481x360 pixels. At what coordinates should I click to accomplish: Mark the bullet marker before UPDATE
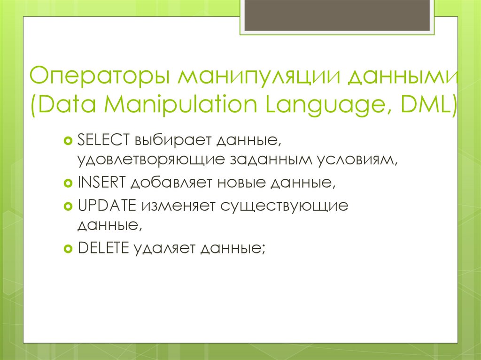[x=68, y=206]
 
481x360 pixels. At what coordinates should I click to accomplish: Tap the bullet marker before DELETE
[x=68, y=248]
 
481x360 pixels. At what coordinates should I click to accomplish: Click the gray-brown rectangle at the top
[x=336, y=15]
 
